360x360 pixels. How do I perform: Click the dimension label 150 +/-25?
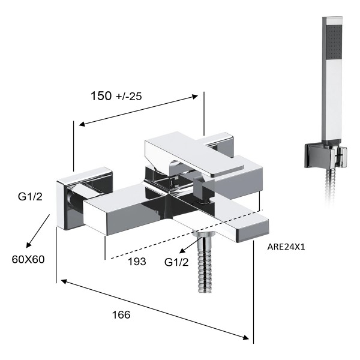(116, 96)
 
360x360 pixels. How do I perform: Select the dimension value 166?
(121, 315)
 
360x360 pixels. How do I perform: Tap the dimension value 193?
(137, 262)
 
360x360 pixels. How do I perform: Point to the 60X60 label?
(28, 259)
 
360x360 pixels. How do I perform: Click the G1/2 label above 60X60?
(30, 197)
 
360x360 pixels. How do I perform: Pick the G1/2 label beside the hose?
(176, 262)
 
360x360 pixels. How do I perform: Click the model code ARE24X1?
(286, 247)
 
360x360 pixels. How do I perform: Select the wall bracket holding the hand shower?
(325, 155)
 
